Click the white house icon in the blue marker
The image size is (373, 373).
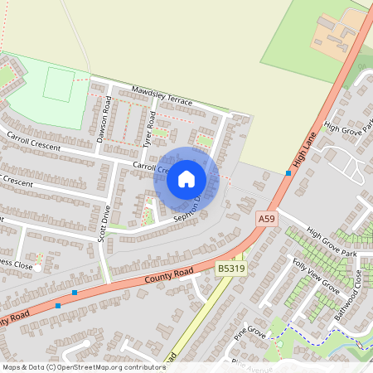(186, 178)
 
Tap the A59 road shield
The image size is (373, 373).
(265, 218)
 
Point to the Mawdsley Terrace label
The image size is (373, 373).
(161, 95)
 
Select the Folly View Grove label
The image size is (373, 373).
(315, 276)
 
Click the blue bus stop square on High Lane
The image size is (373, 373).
(288, 172)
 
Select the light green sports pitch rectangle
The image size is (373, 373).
(58, 85)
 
